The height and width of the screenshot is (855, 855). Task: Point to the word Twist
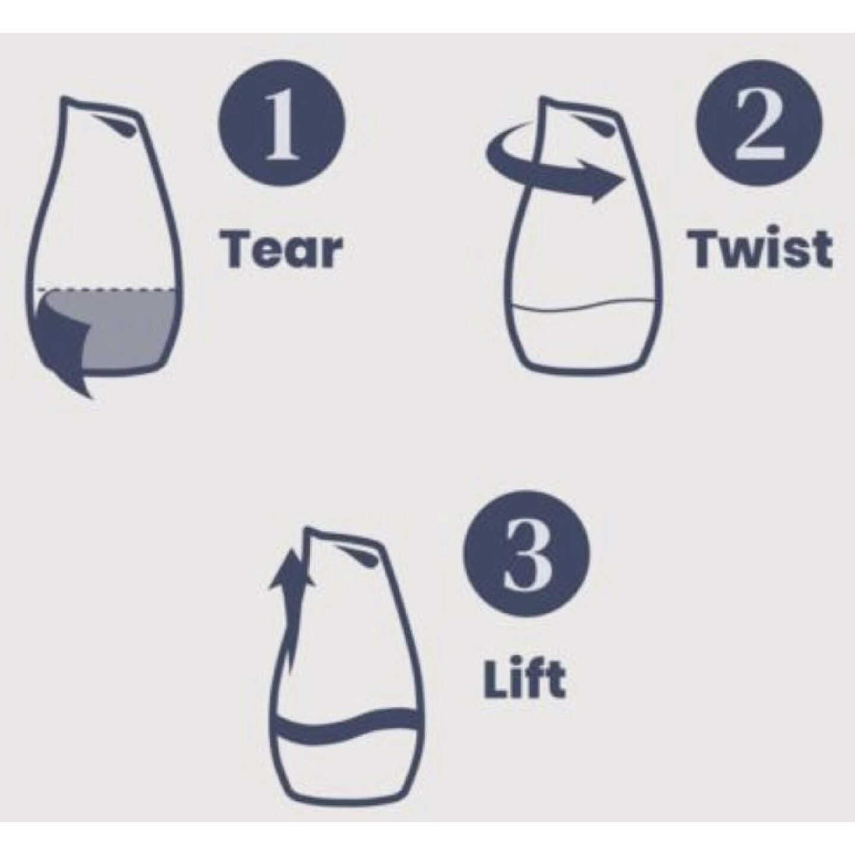click(759, 248)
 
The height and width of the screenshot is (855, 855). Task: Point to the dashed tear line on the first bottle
click(106, 290)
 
